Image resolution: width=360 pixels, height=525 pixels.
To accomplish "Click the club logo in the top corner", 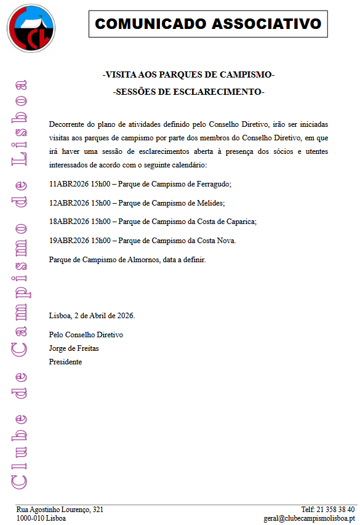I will tap(30, 28).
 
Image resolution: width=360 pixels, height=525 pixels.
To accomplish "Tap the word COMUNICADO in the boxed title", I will tap(151, 24).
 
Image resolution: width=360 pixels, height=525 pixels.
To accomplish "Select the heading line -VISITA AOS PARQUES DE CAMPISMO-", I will tap(188, 74).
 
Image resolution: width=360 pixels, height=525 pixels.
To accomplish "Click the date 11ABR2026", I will tap(68, 184).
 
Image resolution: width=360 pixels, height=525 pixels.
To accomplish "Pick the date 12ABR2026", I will tap(68, 202).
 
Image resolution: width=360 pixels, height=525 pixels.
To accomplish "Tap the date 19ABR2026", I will tap(68, 240).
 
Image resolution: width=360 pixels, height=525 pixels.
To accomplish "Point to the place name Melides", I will tap(210, 202).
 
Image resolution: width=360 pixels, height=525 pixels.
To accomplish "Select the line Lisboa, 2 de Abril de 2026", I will tap(92, 316).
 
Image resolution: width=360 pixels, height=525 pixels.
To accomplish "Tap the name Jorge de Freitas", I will tap(74, 348).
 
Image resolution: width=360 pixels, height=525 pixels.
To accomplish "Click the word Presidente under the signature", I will tap(65, 362).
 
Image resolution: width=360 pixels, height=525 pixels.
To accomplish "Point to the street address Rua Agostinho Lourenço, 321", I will tap(60, 510).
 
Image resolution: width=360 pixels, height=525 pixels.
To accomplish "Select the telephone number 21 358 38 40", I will tap(336, 510).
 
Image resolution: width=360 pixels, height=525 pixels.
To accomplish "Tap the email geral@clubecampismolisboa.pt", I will tap(309, 518).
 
